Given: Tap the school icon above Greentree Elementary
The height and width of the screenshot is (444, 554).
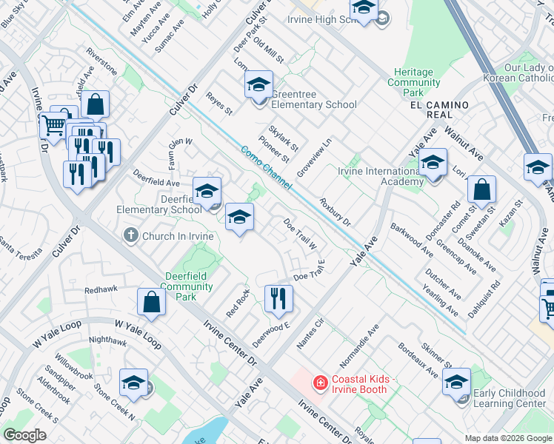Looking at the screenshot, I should (x=258, y=86).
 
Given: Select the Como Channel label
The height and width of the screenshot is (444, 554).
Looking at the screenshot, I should (x=267, y=167).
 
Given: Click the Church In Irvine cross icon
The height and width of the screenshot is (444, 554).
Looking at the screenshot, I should (x=130, y=236).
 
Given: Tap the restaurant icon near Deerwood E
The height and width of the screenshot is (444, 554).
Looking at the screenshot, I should (x=278, y=298).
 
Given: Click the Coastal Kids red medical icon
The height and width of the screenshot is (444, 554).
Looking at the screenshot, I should (x=320, y=382).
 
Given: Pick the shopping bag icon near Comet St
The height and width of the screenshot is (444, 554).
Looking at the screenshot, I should (x=481, y=189).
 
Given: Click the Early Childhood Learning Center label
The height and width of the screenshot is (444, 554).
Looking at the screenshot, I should (x=509, y=398).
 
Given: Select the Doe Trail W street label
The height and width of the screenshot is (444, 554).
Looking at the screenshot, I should (x=301, y=234).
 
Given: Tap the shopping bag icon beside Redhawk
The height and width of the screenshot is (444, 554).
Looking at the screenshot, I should (x=151, y=302).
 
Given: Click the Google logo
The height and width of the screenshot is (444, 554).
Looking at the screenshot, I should (x=24, y=435).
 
